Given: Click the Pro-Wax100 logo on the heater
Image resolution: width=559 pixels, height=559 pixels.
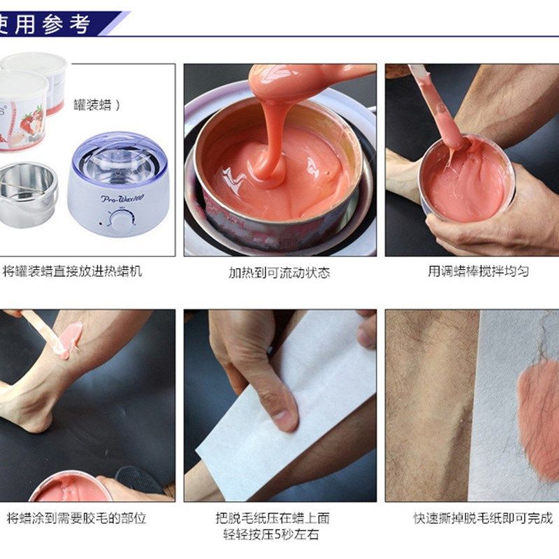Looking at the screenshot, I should pos(122,198).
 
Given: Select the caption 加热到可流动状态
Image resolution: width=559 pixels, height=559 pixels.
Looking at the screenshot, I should pos(279,272).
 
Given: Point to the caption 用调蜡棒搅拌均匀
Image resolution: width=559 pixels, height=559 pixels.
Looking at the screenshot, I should pos(478,271).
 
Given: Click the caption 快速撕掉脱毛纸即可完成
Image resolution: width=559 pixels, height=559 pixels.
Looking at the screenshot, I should pos(483,518).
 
